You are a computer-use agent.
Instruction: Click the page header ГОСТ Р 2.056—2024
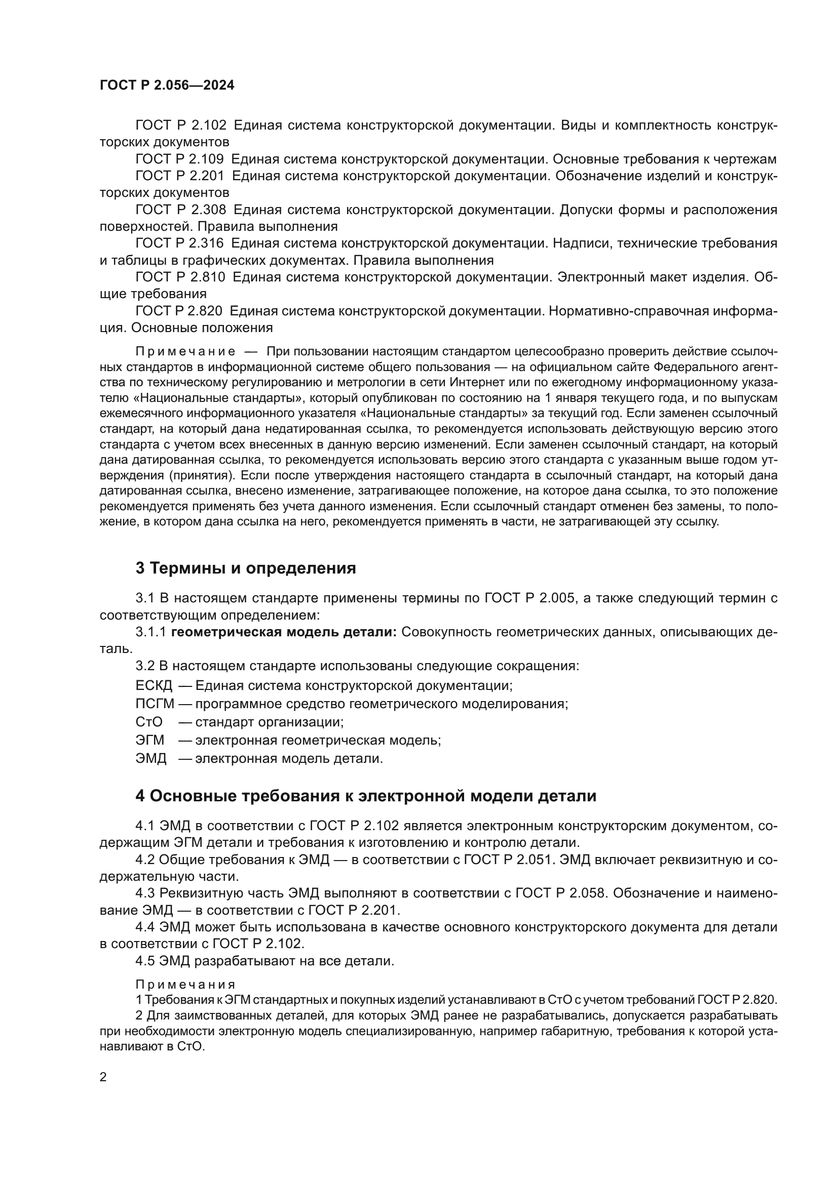point(167,86)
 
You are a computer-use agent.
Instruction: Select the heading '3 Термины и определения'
point(246,568)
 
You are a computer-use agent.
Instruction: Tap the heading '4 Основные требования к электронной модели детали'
point(365,796)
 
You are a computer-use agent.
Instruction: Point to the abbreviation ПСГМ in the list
point(155,704)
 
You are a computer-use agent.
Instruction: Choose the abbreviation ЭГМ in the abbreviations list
point(150,740)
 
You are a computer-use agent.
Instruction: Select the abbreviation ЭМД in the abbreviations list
point(151,759)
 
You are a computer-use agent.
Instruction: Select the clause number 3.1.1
point(150,632)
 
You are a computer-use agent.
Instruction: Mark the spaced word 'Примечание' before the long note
point(185,352)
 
